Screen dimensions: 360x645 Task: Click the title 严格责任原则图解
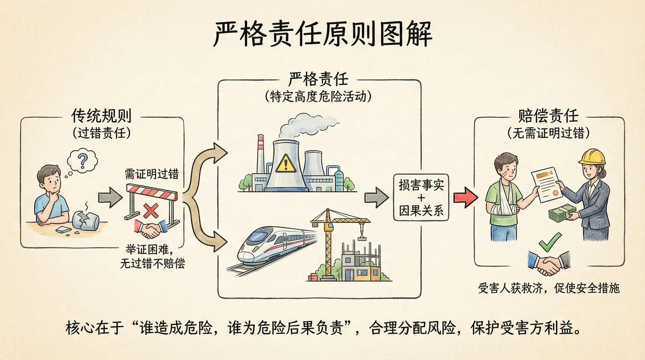point(322,34)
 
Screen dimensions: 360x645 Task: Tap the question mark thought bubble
point(82,161)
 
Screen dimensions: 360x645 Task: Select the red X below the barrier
point(151,211)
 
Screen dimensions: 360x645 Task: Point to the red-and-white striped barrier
point(152,193)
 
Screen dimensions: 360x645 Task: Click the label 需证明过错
point(152,174)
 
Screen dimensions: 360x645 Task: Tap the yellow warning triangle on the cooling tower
point(286,164)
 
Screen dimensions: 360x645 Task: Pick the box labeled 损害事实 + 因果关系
point(421,197)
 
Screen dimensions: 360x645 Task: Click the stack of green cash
point(561,214)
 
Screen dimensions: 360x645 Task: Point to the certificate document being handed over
point(546,184)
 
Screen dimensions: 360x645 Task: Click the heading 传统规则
point(101,116)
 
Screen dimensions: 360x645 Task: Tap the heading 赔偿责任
point(548,116)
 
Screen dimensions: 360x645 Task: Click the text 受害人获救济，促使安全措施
point(549,288)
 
